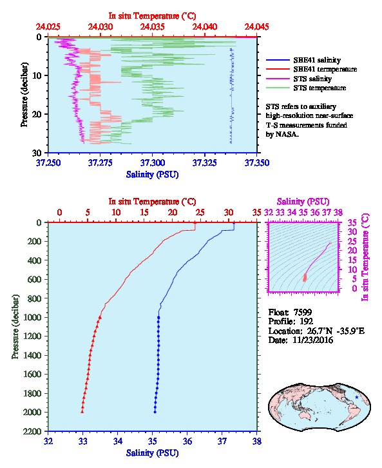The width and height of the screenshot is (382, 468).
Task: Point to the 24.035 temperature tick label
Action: click(153, 26)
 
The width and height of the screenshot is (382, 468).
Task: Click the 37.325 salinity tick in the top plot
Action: click(205, 162)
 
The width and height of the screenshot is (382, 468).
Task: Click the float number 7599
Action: click(303, 312)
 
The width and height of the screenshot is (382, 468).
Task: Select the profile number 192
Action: click(307, 321)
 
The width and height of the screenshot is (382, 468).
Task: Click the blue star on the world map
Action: click(357, 397)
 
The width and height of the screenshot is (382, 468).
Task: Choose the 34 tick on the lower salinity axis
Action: click(117, 441)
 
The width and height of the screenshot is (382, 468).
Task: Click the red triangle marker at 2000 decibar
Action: click(82, 412)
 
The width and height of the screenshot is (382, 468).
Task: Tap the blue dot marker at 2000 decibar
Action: click(155, 412)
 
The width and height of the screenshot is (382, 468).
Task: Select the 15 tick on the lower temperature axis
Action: click(144, 213)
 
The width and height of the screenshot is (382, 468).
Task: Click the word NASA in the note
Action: click(286, 134)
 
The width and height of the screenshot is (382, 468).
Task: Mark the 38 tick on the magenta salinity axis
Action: click(338, 213)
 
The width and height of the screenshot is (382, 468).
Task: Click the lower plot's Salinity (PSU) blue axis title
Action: click(153, 453)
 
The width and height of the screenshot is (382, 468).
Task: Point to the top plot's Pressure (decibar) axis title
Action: click(24, 95)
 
